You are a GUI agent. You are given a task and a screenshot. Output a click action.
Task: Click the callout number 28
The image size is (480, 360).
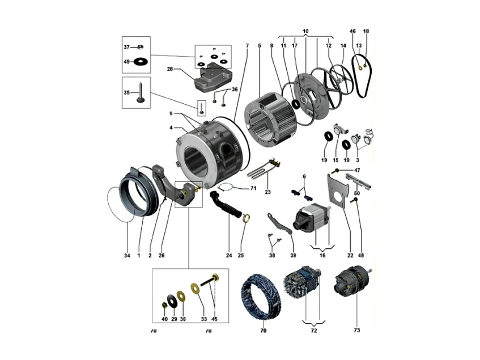pos(169,69)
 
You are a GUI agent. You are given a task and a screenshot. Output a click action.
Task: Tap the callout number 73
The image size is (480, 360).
pos(356,329)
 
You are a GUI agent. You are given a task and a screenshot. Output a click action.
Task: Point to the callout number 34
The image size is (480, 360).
pos(127,256)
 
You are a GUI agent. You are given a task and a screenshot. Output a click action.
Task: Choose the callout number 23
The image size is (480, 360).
pos(267,192)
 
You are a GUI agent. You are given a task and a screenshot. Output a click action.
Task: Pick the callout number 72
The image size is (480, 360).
pos(314,329)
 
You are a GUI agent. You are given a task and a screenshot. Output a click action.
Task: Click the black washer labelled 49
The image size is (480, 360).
pos(139,61)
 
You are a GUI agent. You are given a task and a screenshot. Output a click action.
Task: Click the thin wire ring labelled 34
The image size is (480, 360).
pos(119,204)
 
